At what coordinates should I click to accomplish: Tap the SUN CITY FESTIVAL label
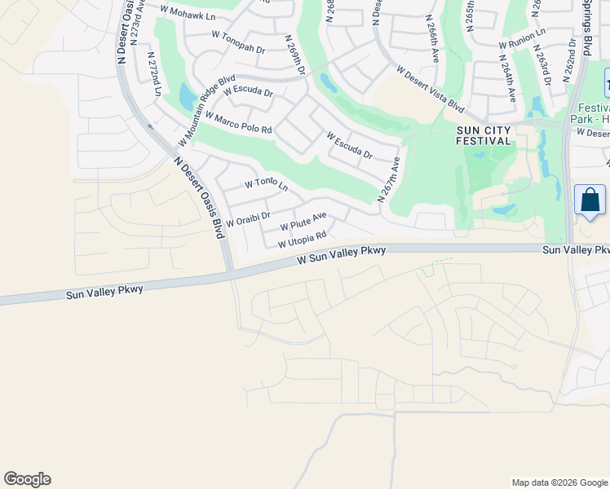pos(484,134)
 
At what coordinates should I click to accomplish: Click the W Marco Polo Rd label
pos(238,123)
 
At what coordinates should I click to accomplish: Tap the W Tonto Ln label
pos(267,185)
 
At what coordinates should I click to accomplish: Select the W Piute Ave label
pos(303,221)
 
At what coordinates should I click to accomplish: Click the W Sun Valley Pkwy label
pos(341,255)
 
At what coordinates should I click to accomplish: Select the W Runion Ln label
pos(522,38)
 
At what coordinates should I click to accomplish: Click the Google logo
pos(27,479)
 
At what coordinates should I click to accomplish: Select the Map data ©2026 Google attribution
pos(559,482)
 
